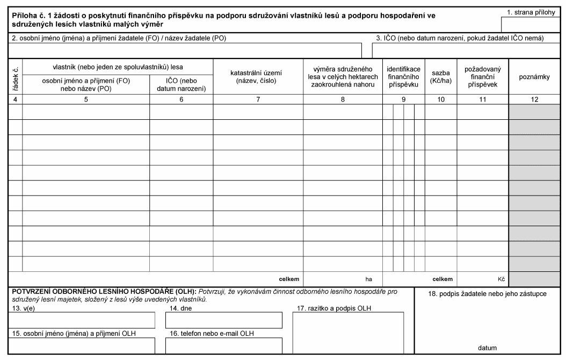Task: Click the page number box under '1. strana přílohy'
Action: [532, 24]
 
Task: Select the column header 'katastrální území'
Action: [258, 76]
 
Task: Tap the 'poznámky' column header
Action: [534, 77]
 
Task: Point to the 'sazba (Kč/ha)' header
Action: [440, 76]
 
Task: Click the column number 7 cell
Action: [258, 99]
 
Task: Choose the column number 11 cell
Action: [482, 99]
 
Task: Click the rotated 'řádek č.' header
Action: [15, 76]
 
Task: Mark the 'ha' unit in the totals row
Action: [369, 279]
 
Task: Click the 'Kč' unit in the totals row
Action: [501, 279]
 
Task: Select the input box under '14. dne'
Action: [223, 320]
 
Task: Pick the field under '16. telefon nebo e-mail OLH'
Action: [223, 345]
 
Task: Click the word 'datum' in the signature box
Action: [487, 348]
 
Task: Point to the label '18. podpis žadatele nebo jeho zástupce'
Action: [488, 293]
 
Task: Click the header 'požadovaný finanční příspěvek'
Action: [482, 77]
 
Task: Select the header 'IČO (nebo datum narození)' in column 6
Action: [182, 84]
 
